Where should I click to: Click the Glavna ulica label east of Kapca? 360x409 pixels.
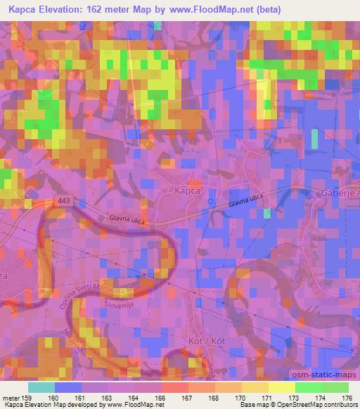(x=245, y=202)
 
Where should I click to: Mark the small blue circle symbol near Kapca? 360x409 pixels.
(x=211, y=202)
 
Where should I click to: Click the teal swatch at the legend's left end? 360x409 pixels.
(x=41, y=387)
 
